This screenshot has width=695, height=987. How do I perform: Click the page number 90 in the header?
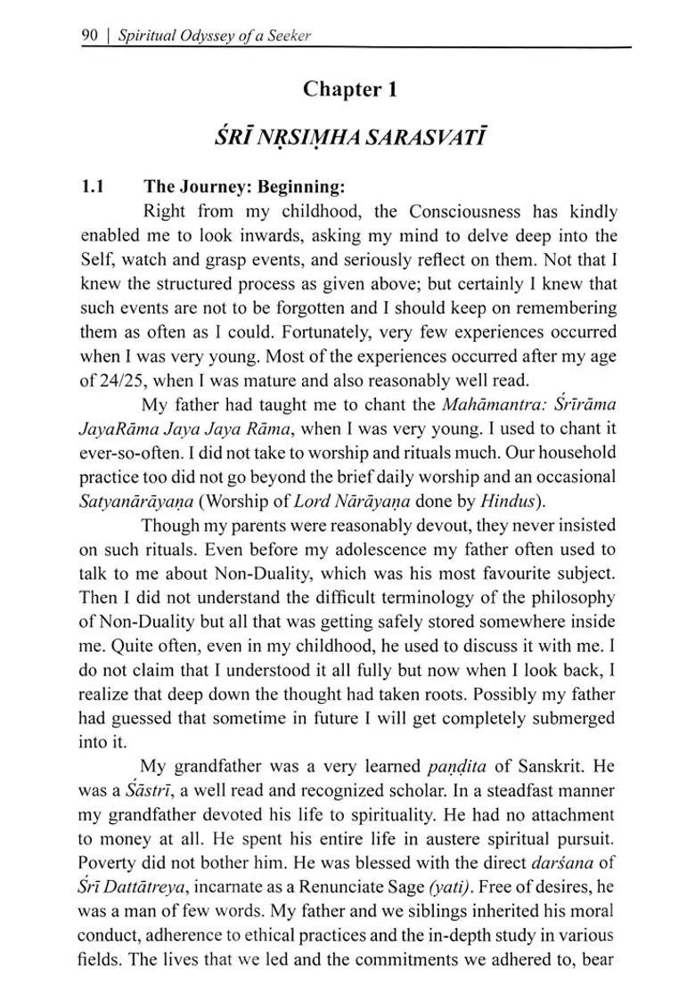point(89,37)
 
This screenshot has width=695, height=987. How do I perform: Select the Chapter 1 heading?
point(348,89)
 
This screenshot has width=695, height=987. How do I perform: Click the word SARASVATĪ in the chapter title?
point(425,138)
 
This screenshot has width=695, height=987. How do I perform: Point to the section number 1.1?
point(93,187)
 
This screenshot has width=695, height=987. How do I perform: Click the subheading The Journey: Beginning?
point(243,187)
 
